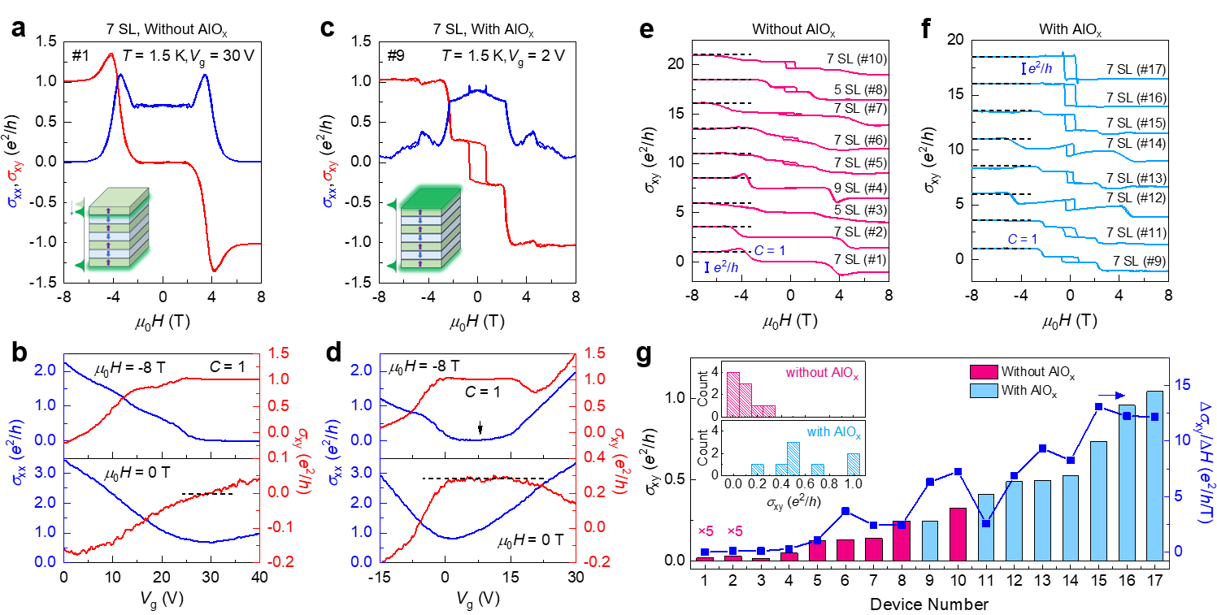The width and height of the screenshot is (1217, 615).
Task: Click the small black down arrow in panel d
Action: click(480, 428)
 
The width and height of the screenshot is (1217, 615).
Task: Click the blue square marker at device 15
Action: click(1098, 406)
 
